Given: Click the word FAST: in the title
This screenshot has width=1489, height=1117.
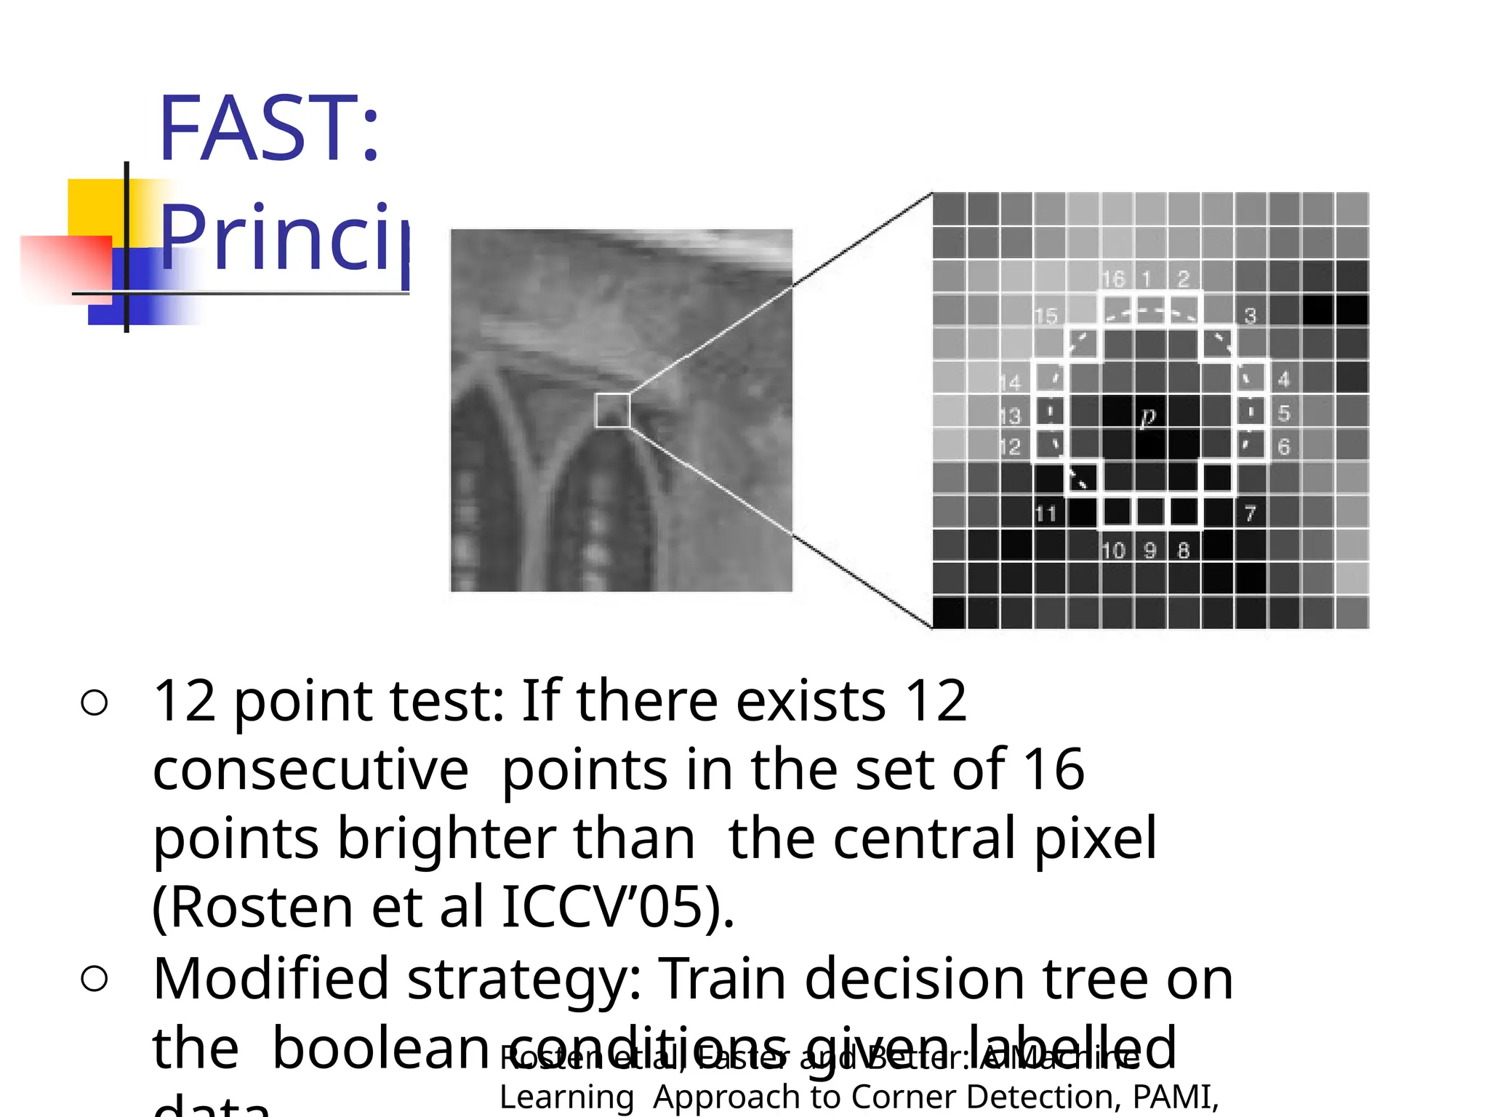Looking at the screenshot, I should pos(269,129).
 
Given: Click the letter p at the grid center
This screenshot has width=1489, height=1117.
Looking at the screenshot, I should pos(1148,417).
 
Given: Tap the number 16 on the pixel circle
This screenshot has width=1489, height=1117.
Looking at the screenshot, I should pos(1112,279).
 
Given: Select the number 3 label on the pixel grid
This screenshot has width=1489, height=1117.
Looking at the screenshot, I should pos(1250,316).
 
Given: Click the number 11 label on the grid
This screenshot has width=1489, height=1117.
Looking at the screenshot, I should pos(1045,514).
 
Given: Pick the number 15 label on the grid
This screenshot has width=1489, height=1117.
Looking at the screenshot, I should pos(1045,316).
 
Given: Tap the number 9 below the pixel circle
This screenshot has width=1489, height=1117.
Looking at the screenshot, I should pos(1149,551).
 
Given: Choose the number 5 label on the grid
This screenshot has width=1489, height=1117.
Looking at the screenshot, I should pos(1284,414).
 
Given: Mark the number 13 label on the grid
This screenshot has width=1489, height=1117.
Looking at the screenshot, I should pos(1010,416).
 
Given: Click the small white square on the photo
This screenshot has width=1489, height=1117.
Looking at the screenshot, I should pos(612,410).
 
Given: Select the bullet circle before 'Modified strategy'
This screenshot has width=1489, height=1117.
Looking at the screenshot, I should pos(95,979).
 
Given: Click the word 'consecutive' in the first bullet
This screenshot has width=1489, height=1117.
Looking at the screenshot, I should pos(311,769).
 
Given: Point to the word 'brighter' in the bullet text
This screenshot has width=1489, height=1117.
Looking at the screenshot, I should pos(444,838).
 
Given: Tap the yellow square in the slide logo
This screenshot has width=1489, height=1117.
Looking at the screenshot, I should pos(95,207).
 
